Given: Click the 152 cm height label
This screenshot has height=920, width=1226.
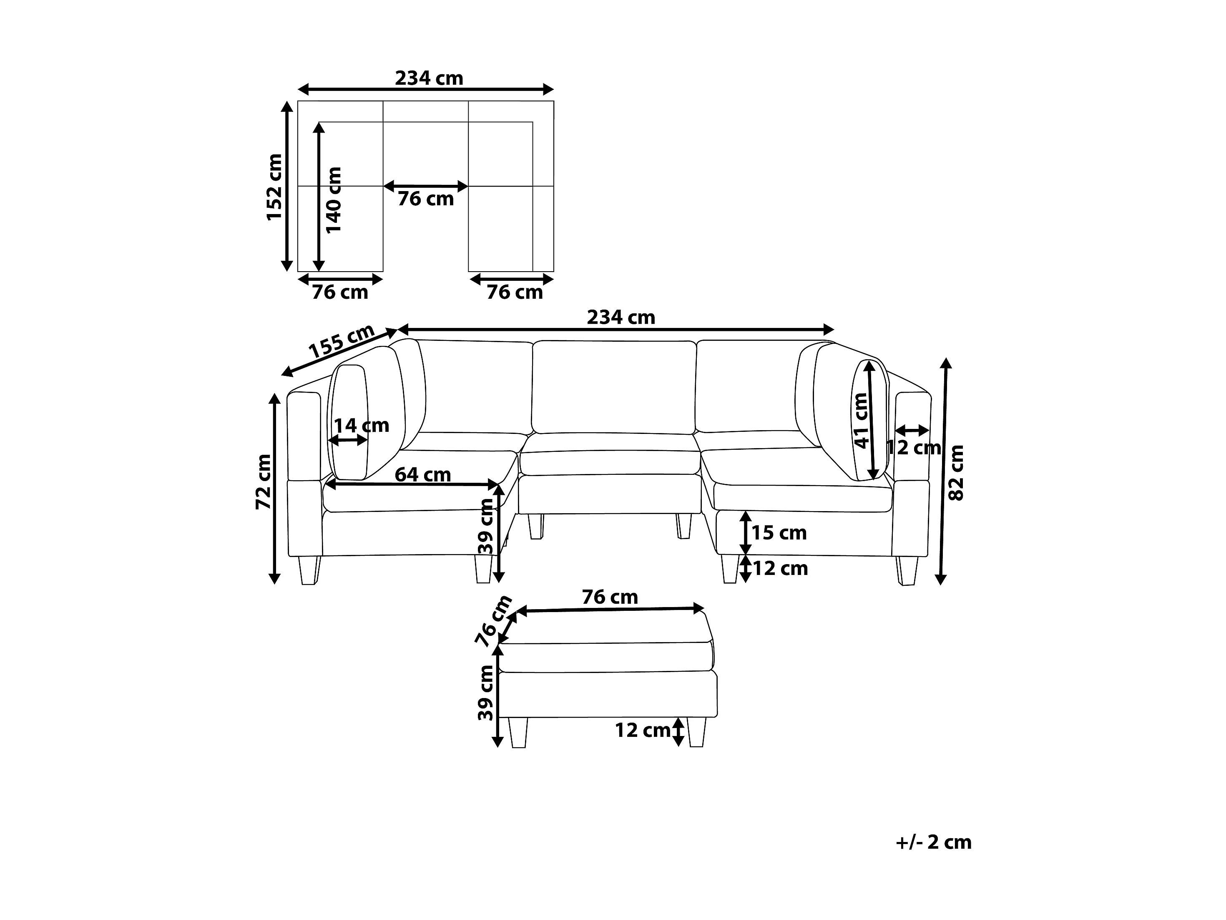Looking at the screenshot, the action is [x=274, y=187].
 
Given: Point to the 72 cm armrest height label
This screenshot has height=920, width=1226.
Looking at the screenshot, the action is [x=263, y=481].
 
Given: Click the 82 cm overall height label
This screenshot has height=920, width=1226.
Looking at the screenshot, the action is [x=956, y=472].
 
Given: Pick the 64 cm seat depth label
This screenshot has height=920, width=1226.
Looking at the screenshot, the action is [x=423, y=475].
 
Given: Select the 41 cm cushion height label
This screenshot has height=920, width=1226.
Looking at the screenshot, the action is [x=861, y=420].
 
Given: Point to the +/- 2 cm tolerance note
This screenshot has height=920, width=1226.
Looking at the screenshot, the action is [x=933, y=842].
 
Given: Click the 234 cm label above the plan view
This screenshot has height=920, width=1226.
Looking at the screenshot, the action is [x=429, y=78].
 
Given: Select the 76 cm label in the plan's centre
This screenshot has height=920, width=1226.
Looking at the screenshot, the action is [x=426, y=199].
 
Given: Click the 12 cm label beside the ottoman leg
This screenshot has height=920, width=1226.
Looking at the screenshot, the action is [x=642, y=730].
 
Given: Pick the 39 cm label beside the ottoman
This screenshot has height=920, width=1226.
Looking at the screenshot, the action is [x=485, y=692].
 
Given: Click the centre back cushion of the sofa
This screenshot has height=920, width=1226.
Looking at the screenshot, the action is [x=614, y=387].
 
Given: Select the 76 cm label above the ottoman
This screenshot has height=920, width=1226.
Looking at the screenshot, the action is [x=610, y=597].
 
